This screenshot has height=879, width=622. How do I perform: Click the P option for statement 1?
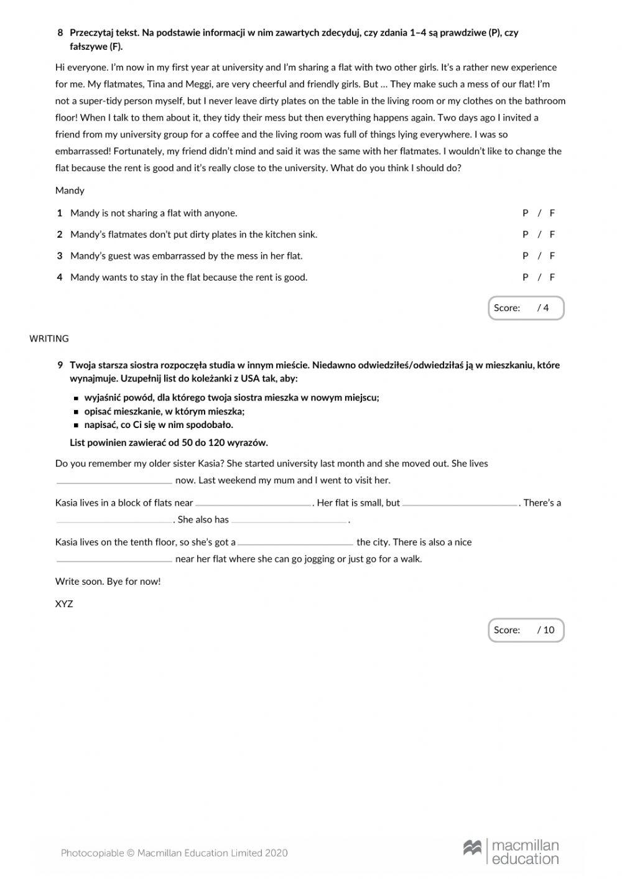pyautogui.click(x=526, y=213)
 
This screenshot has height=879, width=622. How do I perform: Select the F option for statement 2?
pyautogui.click(x=552, y=235)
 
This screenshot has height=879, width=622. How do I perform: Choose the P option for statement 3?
pyautogui.click(x=526, y=256)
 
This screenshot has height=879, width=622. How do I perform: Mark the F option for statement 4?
pyautogui.click(x=552, y=277)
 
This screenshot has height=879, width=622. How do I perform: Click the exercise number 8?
pyautogui.click(x=60, y=32)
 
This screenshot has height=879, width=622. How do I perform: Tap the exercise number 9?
pyautogui.click(x=60, y=365)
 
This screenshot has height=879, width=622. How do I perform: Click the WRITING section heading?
pyautogui.click(x=49, y=339)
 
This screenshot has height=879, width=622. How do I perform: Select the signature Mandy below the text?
pyautogui.click(x=70, y=190)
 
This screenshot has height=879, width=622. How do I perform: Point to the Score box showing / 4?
pyautogui.click(x=526, y=308)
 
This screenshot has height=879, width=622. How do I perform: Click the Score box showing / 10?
pyautogui.click(x=526, y=630)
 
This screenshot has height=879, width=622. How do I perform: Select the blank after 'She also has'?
pyautogui.click(x=289, y=521)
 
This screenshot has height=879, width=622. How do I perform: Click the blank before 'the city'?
pyautogui.click(x=295, y=543)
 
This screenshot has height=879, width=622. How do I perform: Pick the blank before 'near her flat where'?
pyautogui.click(x=114, y=560)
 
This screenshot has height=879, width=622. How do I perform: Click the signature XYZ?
pyautogui.click(x=64, y=604)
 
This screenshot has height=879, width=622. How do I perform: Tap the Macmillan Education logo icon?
pyautogui.click(x=473, y=848)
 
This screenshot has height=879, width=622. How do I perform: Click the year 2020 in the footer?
pyautogui.click(x=276, y=853)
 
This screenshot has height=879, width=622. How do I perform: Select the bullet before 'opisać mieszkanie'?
pyautogui.click(x=76, y=412)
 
